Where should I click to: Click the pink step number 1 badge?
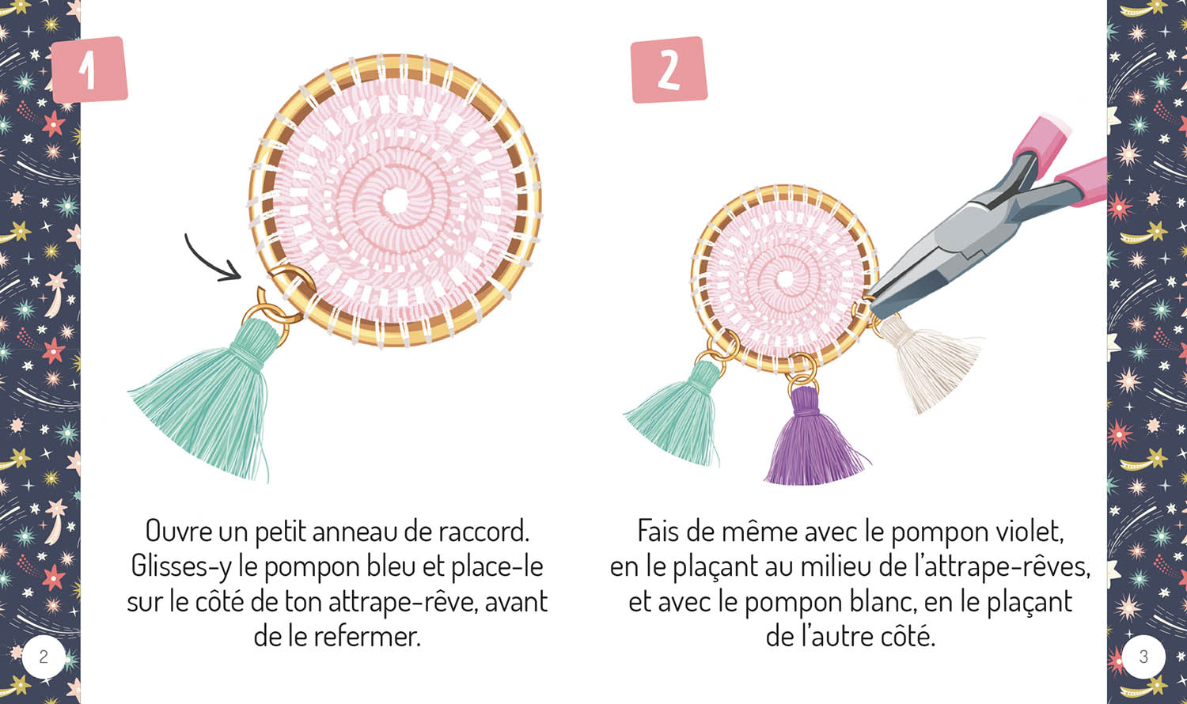pyautogui.click(x=89, y=70)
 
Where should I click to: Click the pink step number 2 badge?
pyautogui.click(x=668, y=70)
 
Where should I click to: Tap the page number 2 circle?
pyautogui.click(x=44, y=657)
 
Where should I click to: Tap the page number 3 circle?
pyautogui.click(x=1143, y=657)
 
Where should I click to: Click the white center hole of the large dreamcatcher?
pyautogui.click(x=394, y=199)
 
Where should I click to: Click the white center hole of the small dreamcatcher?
pyautogui.click(x=785, y=279)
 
